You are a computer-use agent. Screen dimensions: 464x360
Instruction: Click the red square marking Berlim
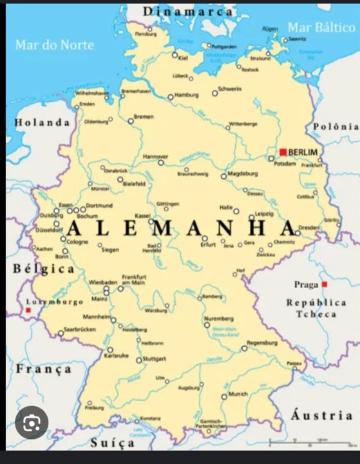[x=283, y=152]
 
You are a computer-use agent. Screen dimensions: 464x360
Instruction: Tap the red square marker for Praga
[x=325, y=284]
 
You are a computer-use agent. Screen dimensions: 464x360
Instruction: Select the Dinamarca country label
[x=187, y=12]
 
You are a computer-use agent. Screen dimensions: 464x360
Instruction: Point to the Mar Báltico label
[x=321, y=27]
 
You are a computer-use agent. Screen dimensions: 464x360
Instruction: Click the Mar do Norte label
[x=55, y=44]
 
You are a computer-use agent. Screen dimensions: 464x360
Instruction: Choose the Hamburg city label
[x=187, y=95]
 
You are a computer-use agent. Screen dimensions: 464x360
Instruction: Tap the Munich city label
[x=238, y=393]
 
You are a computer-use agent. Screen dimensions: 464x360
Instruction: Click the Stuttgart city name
[x=155, y=358]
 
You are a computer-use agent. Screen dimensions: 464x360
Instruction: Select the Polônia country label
[x=336, y=126]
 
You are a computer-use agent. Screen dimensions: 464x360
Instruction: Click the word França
[x=44, y=369]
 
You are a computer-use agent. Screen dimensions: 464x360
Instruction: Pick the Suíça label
[x=113, y=443]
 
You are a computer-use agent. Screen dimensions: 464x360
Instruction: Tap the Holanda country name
[x=42, y=122]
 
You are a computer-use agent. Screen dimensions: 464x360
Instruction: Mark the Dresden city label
[x=308, y=227]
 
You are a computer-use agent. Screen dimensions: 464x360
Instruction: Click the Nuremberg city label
[x=219, y=319]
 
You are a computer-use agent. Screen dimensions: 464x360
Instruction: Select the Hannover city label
[x=155, y=156]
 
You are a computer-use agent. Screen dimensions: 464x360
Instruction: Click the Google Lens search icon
[x=32, y=422]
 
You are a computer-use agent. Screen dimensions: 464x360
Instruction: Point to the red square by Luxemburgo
[x=28, y=310]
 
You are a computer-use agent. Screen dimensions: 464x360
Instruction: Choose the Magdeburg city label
[x=243, y=173]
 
